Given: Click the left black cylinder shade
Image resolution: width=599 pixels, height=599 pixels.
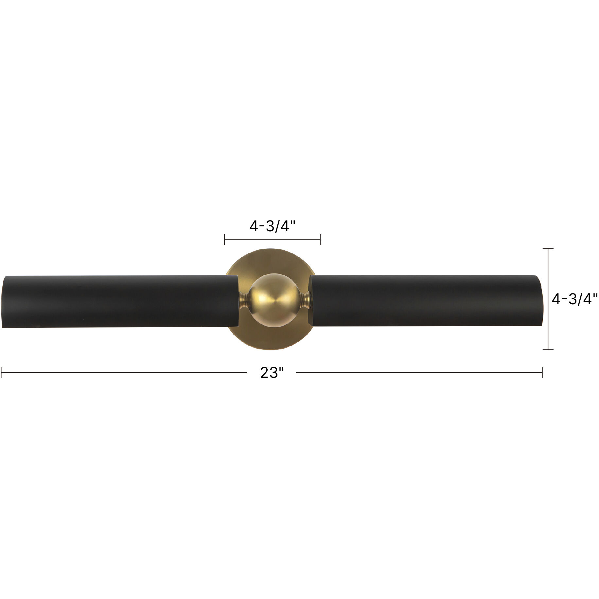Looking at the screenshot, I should (119, 301).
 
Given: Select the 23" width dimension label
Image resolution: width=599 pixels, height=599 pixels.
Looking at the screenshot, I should (272, 373).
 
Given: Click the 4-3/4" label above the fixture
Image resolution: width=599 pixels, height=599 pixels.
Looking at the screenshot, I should (272, 226).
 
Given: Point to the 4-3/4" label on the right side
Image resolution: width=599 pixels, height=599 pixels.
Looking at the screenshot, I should (574, 299).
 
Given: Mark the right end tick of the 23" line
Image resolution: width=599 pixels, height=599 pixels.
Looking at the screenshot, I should (542, 373).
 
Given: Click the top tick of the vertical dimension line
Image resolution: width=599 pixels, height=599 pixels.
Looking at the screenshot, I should (548, 249).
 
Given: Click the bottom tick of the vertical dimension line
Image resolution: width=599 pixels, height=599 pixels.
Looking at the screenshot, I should (548, 350).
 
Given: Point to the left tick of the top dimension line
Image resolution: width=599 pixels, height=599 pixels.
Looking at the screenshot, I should (224, 239).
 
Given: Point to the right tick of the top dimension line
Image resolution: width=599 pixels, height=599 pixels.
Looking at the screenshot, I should (320, 239).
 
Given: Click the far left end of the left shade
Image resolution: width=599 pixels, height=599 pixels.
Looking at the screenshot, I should (3, 302).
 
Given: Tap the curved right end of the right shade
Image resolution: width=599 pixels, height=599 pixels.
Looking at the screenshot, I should (540, 301).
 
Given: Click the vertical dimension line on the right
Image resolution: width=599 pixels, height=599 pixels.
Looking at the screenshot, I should (548, 299).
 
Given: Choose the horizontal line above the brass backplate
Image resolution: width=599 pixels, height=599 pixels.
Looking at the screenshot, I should (272, 239).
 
